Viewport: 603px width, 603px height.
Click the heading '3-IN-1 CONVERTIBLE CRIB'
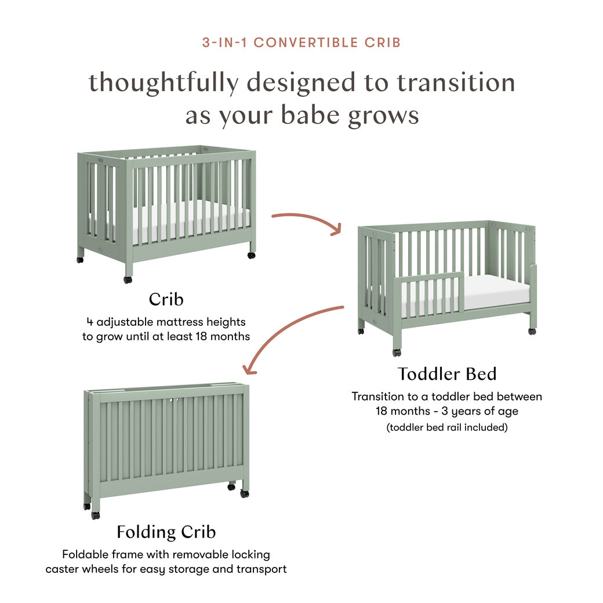pyautogui.click(x=301, y=42)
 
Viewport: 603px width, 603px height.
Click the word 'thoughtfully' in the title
pyautogui.click(x=163, y=83)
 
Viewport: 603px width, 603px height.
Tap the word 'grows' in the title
pyautogui.click(x=383, y=115)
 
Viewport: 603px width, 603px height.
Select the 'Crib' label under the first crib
pyautogui.click(x=166, y=299)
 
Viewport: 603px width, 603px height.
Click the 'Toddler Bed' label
pyautogui.click(x=447, y=374)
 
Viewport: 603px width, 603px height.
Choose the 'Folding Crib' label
pyautogui.click(x=166, y=531)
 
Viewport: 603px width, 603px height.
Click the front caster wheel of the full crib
pyautogui.click(x=128, y=279)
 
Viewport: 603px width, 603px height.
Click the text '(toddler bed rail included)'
pyautogui.click(x=447, y=427)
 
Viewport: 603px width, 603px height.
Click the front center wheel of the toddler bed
pyautogui.click(x=397, y=352)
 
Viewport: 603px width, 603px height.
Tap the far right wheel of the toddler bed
pyautogui.click(x=532, y=331)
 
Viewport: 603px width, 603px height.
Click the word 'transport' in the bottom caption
pyautogui.click(x=261, y=569)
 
